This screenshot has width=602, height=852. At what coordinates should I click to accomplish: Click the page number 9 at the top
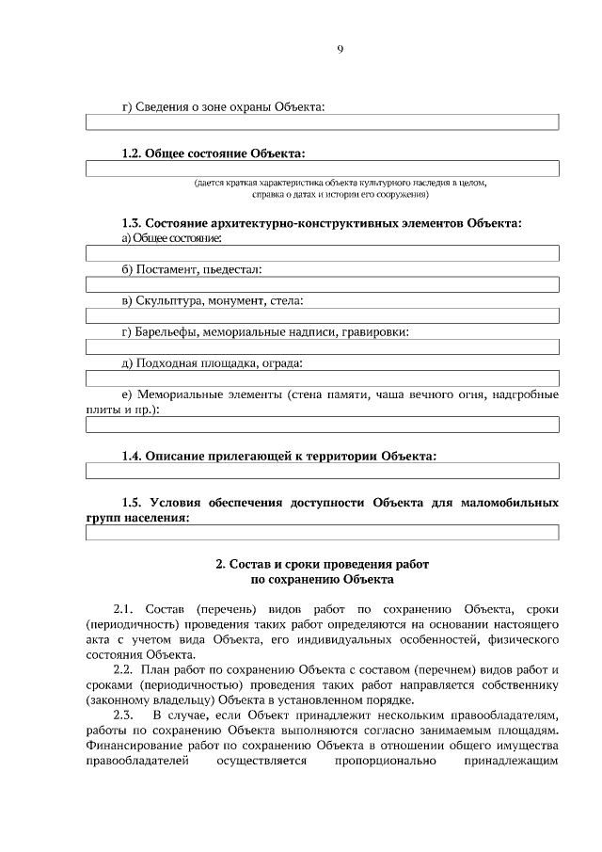[x=340, y=50]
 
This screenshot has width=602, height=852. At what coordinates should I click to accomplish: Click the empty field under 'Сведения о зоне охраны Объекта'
[x=323, y=122]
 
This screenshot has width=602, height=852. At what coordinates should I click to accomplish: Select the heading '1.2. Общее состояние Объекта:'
[x=214, y=153]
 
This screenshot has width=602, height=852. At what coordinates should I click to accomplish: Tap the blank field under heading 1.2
[x=323, y=169]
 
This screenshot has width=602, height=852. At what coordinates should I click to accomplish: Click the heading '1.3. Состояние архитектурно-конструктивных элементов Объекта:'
[x=322, y=223]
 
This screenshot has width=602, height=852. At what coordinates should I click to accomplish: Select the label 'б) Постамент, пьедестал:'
[x=192, y=269]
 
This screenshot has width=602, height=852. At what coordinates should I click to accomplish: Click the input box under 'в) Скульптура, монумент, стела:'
[x=323, y=315]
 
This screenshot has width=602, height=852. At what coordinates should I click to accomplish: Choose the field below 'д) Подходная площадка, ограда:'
[x=323, y=378]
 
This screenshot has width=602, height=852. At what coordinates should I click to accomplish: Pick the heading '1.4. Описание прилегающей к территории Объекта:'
[x=279, y=455]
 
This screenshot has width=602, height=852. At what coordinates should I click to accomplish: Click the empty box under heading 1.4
[x=323, y=471]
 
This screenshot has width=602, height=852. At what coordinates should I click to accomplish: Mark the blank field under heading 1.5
[x=323, y=533]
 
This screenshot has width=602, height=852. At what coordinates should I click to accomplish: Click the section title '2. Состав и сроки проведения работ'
[x=322, y=564]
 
